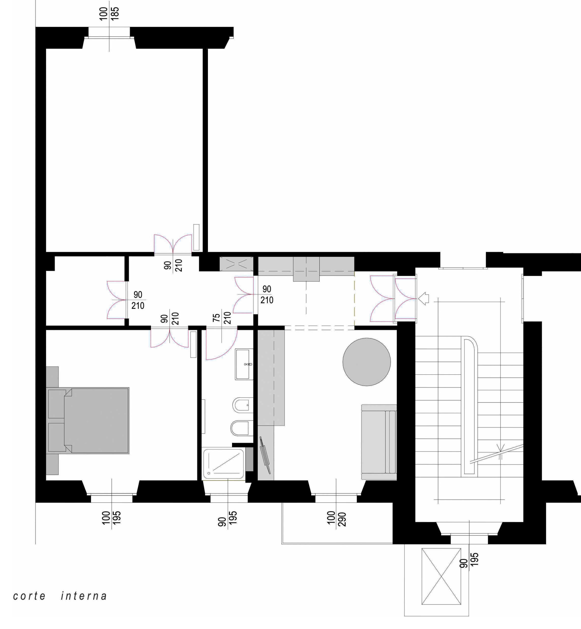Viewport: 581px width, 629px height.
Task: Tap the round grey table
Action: (x=367, y=362)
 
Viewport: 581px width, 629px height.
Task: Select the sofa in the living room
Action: (x=379, y=442)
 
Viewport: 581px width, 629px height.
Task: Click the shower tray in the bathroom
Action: (x=224, y=464)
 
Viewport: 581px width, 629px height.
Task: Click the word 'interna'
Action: (x=84, y=596)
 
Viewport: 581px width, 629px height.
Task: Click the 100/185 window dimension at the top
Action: (x=109, y=14)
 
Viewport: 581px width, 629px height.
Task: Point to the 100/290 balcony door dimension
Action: (x=336, y=519)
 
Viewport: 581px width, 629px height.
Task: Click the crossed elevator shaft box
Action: (x=441, y=576)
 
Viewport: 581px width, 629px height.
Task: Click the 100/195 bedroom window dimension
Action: (x=111, y=518)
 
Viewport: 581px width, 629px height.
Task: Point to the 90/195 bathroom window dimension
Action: (x=227, y=518)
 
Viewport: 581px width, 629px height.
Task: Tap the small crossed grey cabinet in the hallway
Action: (x=236, y=264)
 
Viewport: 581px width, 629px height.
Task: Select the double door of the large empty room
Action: (x=173, y=244)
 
